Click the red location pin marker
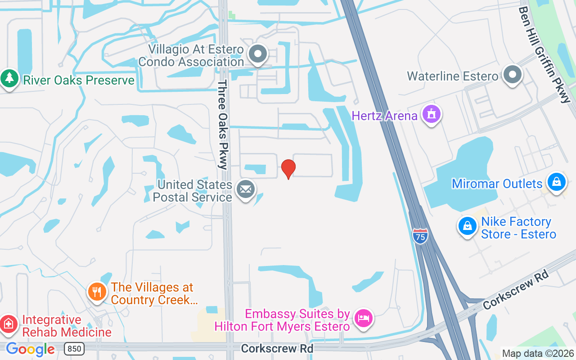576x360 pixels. (288, 168)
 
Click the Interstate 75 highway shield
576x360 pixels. (420, 236)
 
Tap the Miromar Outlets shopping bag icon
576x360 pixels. (557, 182)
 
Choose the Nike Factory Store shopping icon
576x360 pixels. (468, 226)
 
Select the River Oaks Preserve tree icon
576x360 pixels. (9, 79)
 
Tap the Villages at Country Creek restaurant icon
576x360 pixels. (97, 291)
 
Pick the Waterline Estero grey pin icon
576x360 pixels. (512, 74)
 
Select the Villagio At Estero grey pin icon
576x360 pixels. (258, 54)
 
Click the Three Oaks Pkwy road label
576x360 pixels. (223, 125)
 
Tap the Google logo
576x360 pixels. (30, 349)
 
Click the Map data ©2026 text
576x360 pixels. (538, 354)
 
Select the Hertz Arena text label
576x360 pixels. (385, 116)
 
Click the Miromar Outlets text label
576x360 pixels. (497, 184)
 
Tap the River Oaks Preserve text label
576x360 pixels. (79, 80)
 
